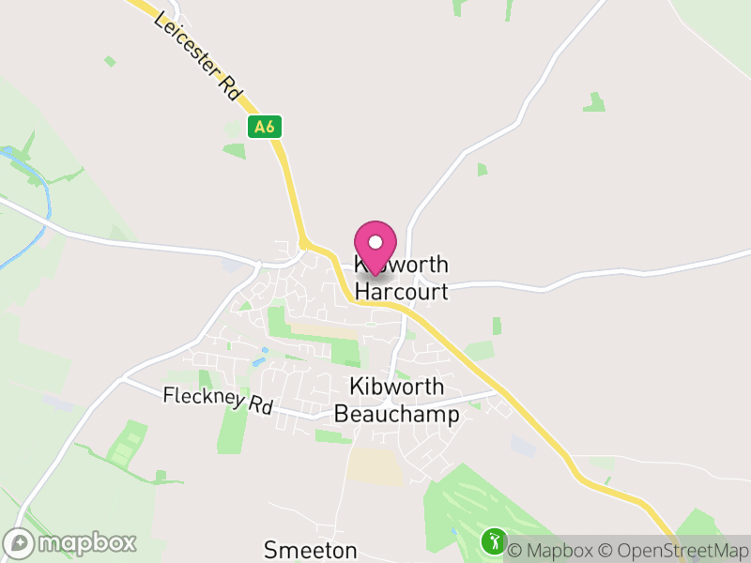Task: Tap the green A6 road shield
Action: pos(266,127)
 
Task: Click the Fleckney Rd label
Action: pos(217,401)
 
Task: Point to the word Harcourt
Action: pos(401,292)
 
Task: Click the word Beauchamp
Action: pos(397,414)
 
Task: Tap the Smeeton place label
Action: pos(311,549)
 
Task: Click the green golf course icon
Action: pos(494,540)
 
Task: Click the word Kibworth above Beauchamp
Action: pos(396,387)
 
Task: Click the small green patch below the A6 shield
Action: pos(235,149)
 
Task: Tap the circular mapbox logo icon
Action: pos(20,542)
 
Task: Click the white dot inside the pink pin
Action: pos(375,242)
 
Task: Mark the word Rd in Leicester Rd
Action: pos(229,87)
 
